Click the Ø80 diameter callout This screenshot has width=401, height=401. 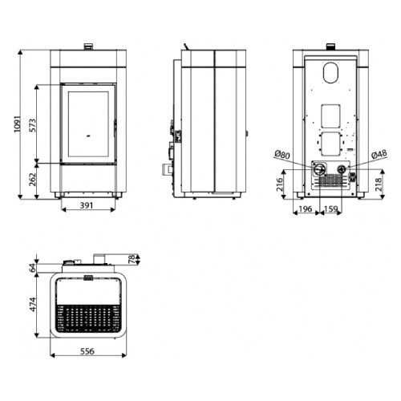tap(282, 154)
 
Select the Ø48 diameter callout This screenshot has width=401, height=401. tap(379, 154)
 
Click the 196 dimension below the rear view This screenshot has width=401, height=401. tap(305, 210)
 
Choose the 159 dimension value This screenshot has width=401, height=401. tap(330, 210)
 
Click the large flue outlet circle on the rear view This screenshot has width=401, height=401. tap(319, 169)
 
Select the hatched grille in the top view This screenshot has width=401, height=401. tap(90, 318)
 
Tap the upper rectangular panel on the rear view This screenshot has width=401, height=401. tap(331, 116)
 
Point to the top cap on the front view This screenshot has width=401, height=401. tap(89, 46)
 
